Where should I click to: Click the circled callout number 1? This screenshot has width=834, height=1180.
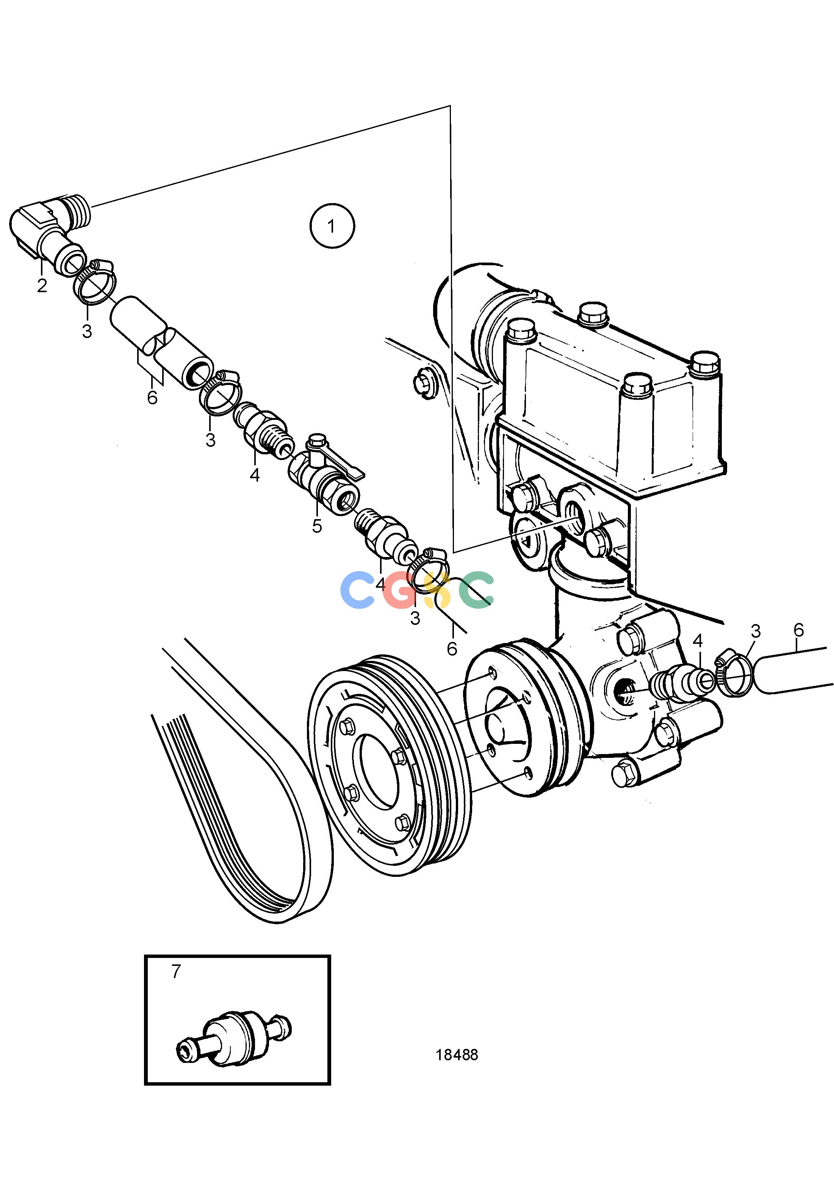332,226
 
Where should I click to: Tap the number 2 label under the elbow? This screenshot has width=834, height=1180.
42,285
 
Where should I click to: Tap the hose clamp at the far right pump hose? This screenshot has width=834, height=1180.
734,678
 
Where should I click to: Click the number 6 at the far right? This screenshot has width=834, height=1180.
798,631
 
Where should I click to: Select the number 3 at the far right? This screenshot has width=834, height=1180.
756,632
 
